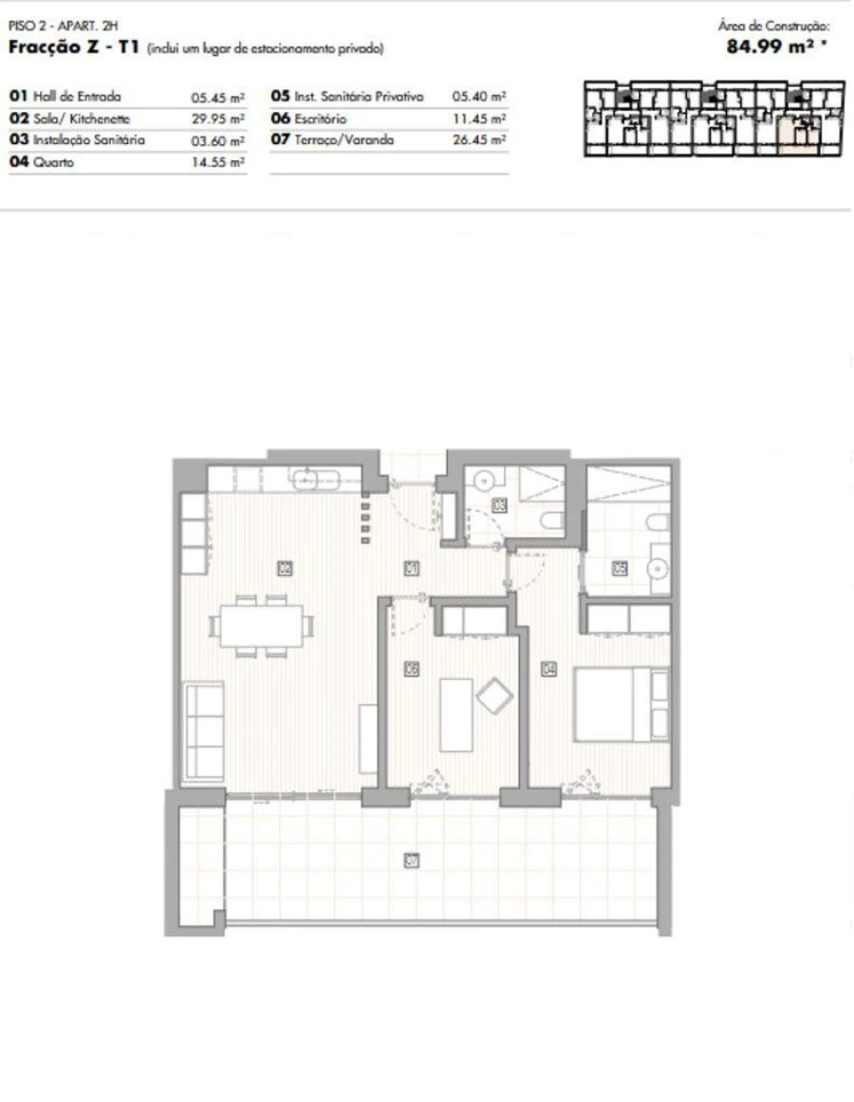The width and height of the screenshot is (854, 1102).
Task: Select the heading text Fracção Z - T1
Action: [75, 47]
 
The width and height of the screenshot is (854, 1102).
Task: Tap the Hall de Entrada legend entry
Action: [65, 96]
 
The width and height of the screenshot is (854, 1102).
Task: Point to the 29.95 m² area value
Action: [217, 119]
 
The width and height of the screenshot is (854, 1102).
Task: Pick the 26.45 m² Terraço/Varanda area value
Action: [478, 140]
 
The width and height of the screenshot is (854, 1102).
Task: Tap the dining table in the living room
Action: [261, 626]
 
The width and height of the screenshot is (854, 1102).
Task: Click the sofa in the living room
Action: [204, 729]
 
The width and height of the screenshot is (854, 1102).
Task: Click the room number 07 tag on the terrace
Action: [412, 861]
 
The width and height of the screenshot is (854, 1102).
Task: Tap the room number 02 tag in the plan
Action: [284, 569]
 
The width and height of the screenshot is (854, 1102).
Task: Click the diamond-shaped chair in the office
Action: [494, 697]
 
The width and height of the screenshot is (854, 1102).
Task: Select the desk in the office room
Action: [455, 714]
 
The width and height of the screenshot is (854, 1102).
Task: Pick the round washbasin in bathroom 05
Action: [659, 569]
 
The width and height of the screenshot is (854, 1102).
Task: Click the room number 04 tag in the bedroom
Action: [548, 669]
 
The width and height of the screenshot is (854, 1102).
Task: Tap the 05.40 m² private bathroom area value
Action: [478, 97]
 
